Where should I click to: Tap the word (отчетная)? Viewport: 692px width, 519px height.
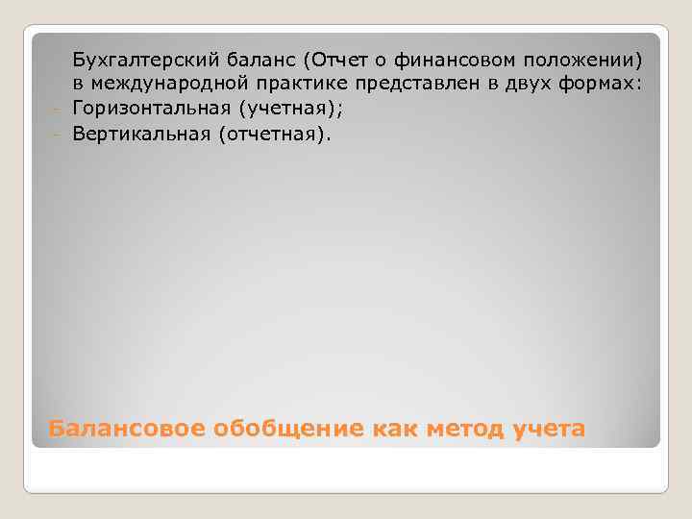[x=278, y=135]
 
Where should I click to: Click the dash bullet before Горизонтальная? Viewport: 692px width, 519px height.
[x=57, y=110]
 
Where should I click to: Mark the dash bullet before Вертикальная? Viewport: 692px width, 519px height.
[x=57, y=135]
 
